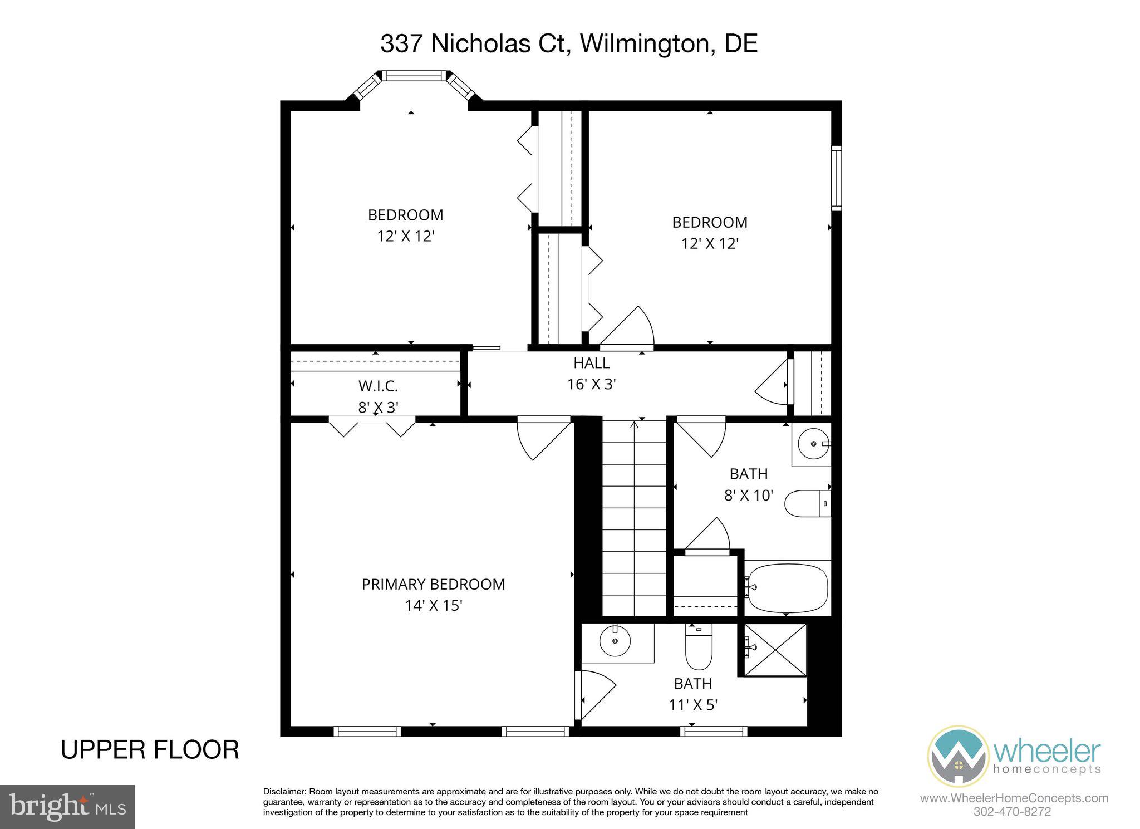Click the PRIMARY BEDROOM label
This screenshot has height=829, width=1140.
tap(433, 584)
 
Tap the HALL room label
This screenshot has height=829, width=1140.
tap(591, 363)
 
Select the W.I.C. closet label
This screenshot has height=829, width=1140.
tap(378, 386)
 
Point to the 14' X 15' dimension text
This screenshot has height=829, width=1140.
tap(434, 605)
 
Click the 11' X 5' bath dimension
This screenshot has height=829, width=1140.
tap(692, 704)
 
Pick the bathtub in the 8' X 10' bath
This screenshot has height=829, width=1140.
tap(788, 588)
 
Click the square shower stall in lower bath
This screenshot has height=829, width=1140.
tap(774, 649)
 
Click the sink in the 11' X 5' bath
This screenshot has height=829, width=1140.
tap(615, 642)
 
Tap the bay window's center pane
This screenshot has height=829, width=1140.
tap(414, 76)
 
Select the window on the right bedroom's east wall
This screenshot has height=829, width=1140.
tap(836, 178)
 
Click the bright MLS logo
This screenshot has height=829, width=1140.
tap(67, 807)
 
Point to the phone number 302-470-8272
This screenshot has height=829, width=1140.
tap(1013, 811)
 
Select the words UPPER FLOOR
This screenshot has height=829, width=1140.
tap(150, 750)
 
